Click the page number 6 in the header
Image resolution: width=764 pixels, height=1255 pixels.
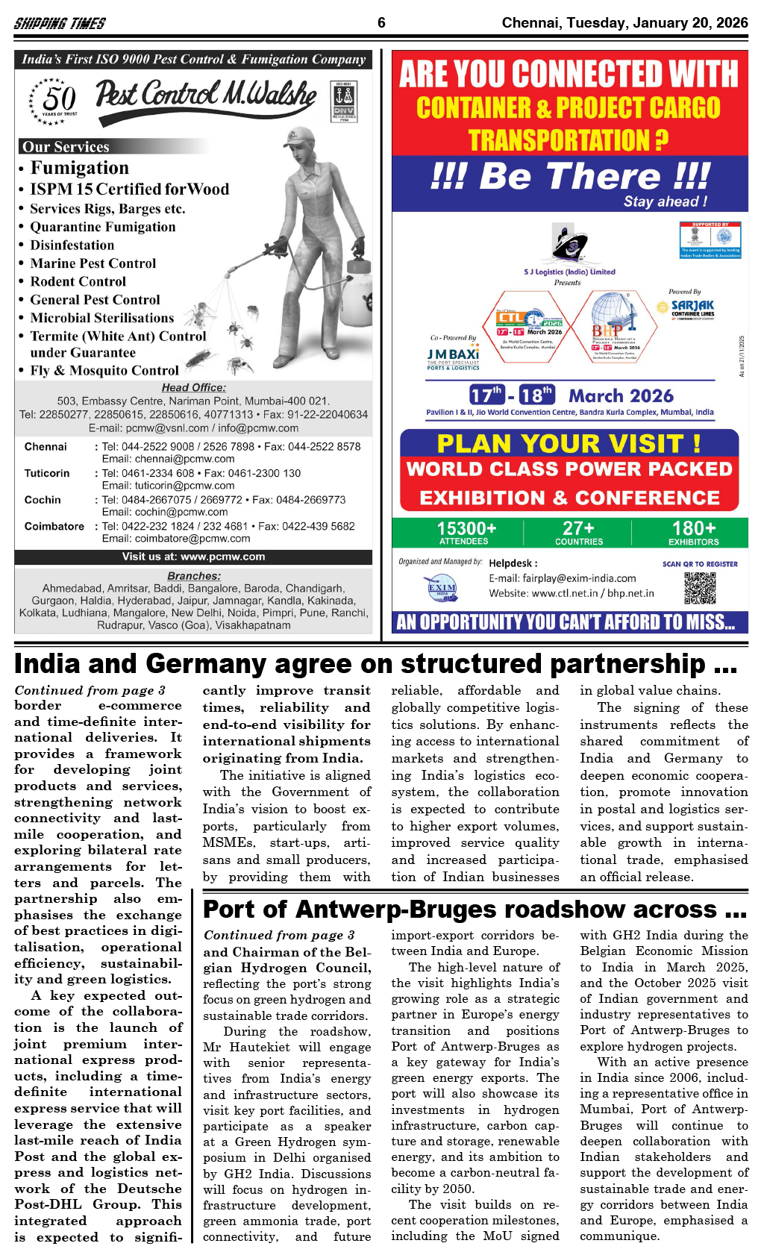(x=381, y=22)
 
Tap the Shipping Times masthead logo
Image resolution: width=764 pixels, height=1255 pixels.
(x=60, y=23)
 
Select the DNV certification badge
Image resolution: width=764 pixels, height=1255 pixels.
(x=344, y=102)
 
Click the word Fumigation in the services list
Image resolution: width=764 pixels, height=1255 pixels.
(x=79, y=168)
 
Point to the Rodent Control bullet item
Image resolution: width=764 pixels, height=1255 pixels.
(x=78, y=281)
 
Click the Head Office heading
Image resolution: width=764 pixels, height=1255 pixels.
(x=193, y=387)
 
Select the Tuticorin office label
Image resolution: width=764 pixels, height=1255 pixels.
(x=47, y=473)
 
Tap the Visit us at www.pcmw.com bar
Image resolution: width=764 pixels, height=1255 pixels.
(x=193, y=557)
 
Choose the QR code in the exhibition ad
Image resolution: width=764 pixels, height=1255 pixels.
(x=700, y=588)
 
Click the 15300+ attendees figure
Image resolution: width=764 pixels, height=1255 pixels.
(x=466, y=532)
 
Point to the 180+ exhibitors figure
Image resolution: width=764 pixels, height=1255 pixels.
(x=693, y=532)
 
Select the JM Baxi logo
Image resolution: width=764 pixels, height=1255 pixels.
(x=453, y=356)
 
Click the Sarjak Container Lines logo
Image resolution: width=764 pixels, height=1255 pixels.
(x=692, y=308)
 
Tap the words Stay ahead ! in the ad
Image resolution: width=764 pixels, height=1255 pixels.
(x=665, y=201)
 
